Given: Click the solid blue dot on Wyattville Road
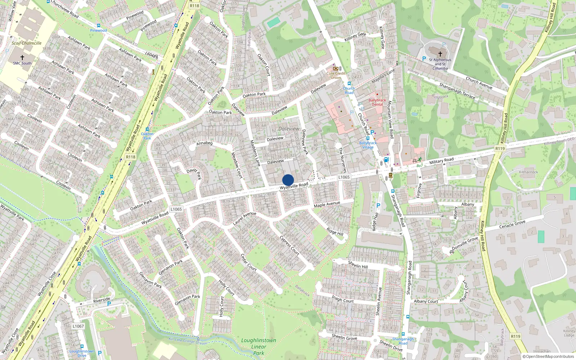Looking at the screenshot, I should pos(288,180).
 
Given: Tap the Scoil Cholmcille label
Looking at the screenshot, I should pos(27,43).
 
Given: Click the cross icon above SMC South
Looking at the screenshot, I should pos(22,57).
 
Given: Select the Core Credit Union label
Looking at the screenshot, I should pos(336,75).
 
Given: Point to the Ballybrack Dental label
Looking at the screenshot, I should pos(377,102).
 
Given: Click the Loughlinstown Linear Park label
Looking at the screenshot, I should pos(258,346).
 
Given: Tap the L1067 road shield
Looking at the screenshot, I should pos(78,326).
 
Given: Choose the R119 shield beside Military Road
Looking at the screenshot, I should pos(500,148).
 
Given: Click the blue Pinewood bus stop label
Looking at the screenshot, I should pos(98,31).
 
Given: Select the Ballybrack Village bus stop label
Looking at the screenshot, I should pos(368,145).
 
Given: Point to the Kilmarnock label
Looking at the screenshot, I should pos(528,172).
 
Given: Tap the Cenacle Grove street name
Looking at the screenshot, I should pos(512,225).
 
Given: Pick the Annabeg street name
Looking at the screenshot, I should pos(204,143).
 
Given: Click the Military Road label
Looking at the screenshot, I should pos(441,161).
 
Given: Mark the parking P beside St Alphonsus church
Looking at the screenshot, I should pos(424,59).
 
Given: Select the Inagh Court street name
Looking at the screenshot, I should pos(343,299).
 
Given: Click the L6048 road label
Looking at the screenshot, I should pos(150,55).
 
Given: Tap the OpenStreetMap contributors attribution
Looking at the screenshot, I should pos(548,356).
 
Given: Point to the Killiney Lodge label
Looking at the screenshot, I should pos(569,333).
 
